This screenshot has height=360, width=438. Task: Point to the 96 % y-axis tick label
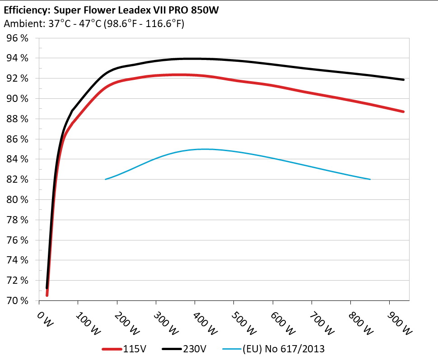(x=18, y=38)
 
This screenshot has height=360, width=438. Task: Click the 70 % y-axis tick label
(x=18, y=300)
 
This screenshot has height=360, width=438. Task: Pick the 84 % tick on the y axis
(x=18, y=159)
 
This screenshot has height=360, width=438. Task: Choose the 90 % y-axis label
(x=18, y=99)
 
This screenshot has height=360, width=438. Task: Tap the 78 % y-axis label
(x=18, y=220)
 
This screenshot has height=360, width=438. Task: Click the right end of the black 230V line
(x=403, y=80)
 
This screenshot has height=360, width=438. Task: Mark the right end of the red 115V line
(x=403, y=111)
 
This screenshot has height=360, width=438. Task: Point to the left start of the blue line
(x=105, y=179)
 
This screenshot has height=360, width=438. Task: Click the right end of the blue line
(x=370, y=179)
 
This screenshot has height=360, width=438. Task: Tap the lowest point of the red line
(x=47, y=295)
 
